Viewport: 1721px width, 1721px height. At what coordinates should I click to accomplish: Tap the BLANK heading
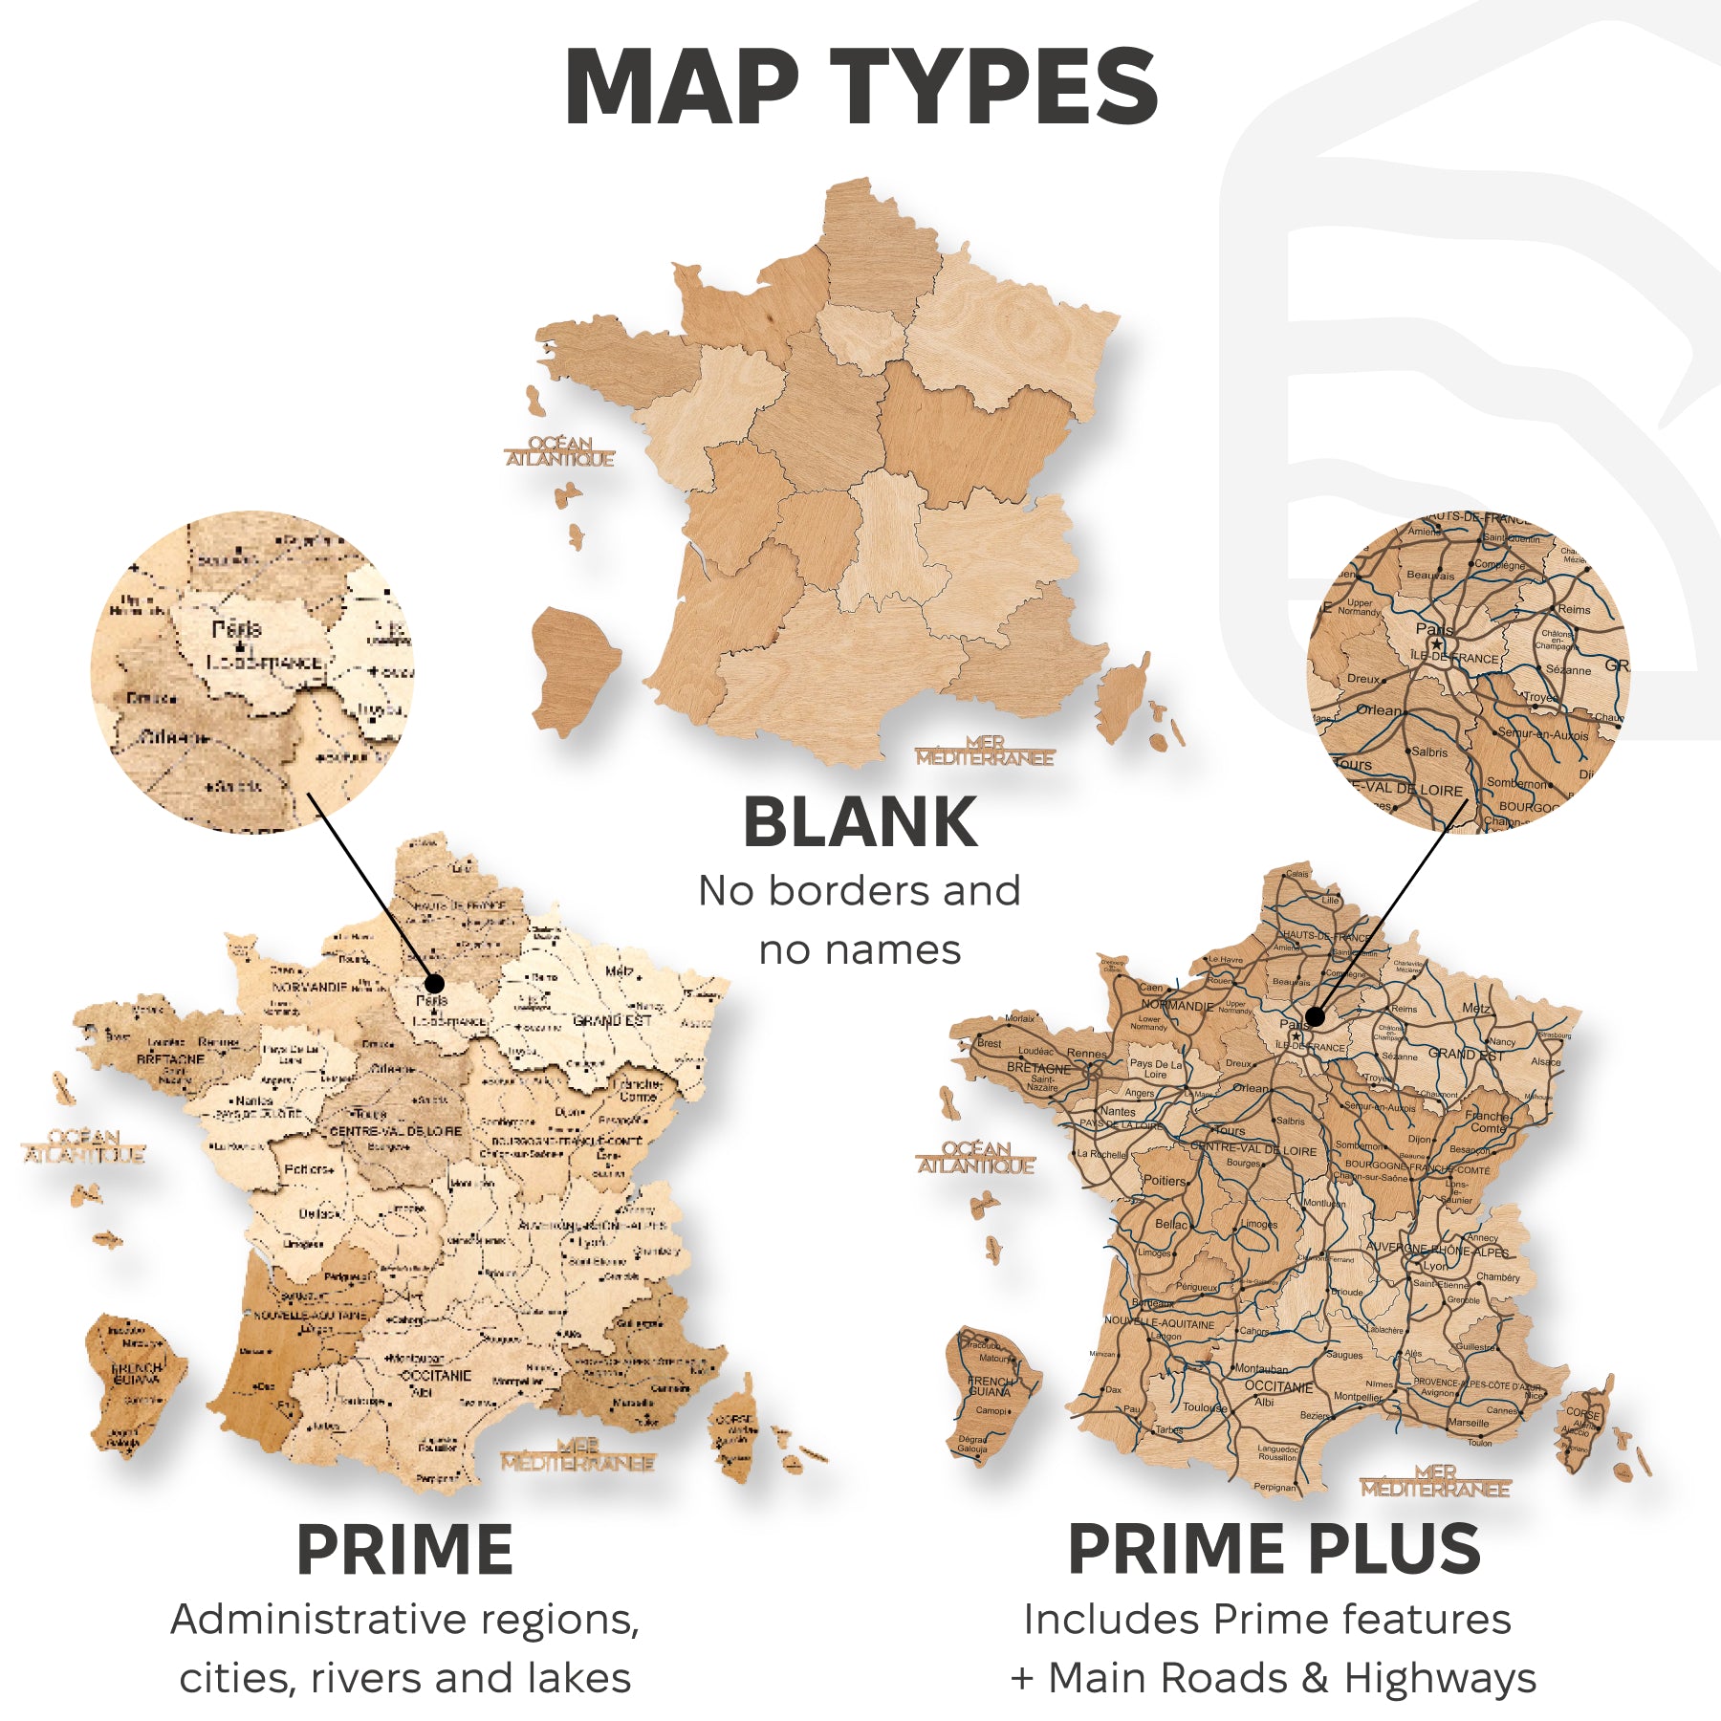[860, 823]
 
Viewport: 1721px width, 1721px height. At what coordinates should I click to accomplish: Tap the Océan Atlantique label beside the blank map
[560, 451]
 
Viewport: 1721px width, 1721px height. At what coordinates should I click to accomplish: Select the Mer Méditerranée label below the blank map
[984, 751]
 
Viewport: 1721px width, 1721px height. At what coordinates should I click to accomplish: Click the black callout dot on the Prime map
[434, 983]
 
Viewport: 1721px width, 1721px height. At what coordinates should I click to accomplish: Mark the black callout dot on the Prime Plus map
[1315, 1016]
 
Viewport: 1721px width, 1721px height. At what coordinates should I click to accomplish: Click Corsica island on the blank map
[1124, 698]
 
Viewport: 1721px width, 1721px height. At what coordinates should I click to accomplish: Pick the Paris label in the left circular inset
[236, 629]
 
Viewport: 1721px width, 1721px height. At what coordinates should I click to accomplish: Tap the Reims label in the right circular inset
[1574, 609]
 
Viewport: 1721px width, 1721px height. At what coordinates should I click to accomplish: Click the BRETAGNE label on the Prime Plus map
[1038, 1068]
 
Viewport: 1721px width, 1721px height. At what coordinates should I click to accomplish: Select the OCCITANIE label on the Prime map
[436, 1375]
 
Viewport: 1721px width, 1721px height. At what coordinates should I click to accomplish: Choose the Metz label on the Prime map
[619, 971]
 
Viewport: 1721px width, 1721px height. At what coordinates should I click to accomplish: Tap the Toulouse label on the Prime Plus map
[1205, 1407]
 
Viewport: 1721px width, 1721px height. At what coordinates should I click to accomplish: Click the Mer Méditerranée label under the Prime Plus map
[1435, 1481]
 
